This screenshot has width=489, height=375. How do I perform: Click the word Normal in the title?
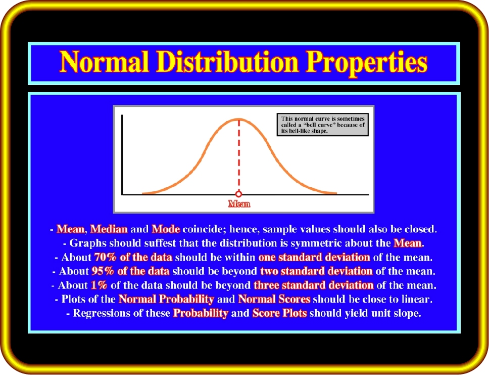click(104, 62)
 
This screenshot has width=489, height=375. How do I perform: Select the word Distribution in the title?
click(227, 62)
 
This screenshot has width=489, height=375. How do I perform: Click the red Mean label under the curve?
click(239, 204)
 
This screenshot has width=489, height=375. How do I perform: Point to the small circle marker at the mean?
click(239, 194)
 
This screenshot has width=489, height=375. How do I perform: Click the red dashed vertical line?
click(239, 155)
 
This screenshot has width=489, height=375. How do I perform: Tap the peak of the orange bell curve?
click(239, 119)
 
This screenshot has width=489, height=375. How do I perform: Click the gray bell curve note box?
click(323, 124)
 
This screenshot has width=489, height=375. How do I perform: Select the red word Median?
click(109, 229)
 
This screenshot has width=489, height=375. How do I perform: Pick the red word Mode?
click(166, 229)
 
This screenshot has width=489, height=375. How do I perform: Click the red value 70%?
click(105, 257)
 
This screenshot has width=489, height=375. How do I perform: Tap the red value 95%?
click(103, 271)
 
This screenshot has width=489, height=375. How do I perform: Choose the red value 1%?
click(99, 285)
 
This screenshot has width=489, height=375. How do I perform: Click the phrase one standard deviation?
click(314, 257)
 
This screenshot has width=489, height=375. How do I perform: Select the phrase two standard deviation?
click(316, 271)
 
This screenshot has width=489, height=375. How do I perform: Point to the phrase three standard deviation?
click(314, 285)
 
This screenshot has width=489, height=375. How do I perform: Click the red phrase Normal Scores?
click(274, 299)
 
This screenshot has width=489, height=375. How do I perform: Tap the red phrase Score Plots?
click(280, 313)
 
